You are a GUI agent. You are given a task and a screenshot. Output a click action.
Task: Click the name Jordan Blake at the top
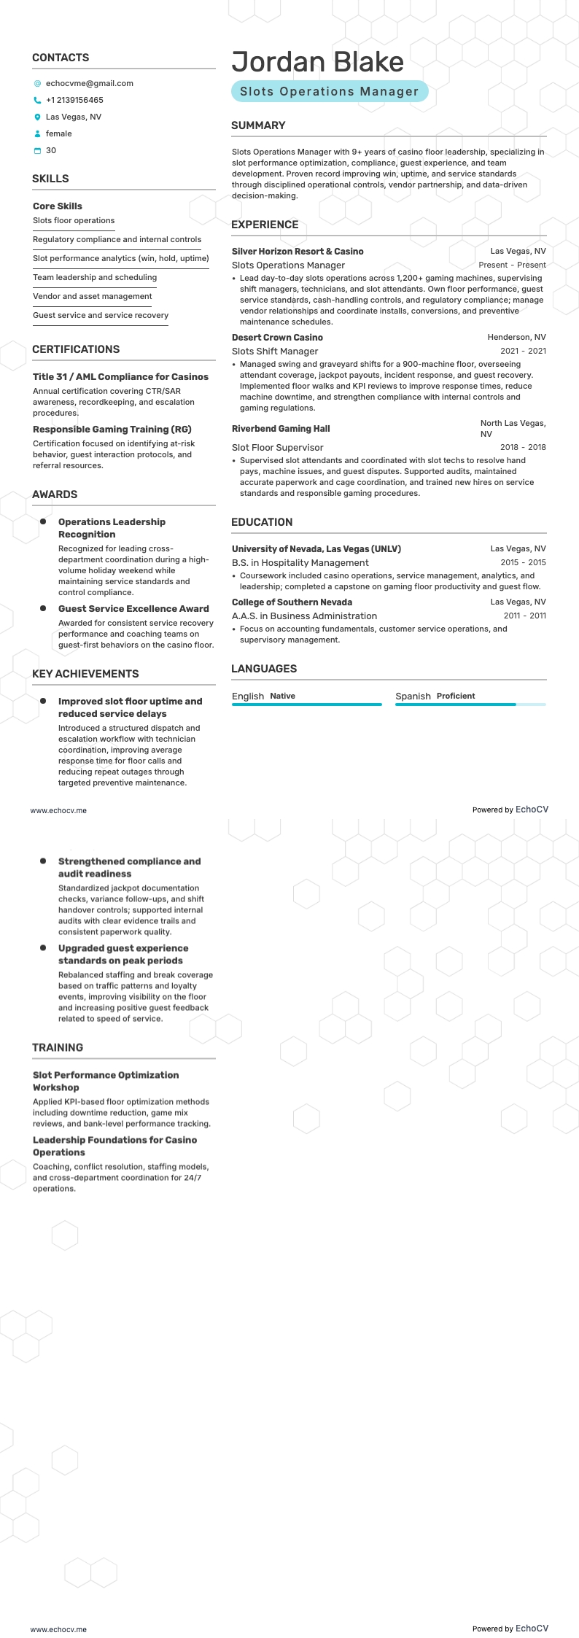[317, 62]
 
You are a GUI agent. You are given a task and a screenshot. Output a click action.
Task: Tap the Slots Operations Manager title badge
[329, 92]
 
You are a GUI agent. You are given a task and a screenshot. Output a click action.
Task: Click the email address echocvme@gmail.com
[89, 83]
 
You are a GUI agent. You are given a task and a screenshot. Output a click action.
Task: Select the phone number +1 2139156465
[74, 100]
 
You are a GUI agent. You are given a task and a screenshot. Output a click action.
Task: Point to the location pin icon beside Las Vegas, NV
[37, 117]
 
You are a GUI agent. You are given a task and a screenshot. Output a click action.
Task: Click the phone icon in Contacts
[37, 100]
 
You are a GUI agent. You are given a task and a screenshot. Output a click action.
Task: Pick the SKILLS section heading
[50, 179]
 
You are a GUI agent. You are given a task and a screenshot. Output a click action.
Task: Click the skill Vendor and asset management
[92, 296]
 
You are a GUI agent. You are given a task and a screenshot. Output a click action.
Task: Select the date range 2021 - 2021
[523, 351]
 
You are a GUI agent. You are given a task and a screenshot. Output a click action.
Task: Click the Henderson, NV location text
[516, 338]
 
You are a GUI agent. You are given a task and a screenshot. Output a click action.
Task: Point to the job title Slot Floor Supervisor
[277, 448]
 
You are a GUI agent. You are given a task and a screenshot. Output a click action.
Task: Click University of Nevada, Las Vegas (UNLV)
[316, 548]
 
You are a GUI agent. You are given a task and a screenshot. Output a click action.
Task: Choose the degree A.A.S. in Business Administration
[304, 616]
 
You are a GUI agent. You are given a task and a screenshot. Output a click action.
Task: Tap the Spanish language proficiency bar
[470, 705]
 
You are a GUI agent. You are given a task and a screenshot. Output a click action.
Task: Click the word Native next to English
[282, 696]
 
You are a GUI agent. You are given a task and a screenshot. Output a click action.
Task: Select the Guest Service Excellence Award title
[133, 608]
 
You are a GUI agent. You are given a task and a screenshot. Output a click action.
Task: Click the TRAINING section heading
[58, 1047]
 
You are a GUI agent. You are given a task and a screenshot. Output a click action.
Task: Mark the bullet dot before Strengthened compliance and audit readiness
[43, 861]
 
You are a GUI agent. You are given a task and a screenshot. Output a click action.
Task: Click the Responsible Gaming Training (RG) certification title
[112, 430]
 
